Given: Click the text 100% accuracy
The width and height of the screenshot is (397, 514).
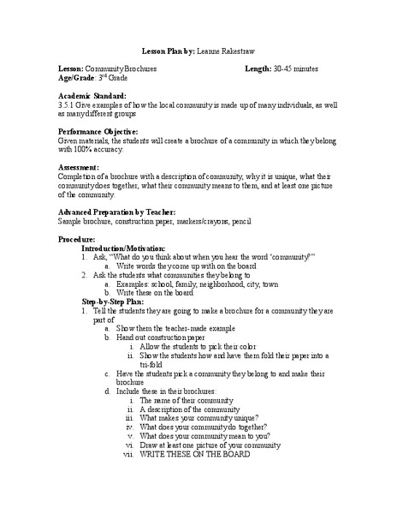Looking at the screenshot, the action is pos(89,152).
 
